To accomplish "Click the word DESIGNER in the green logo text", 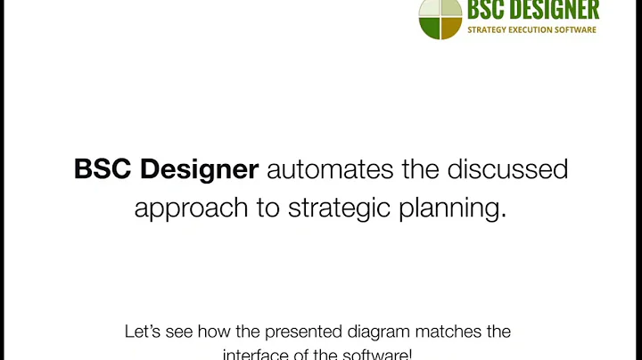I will (x=555, y=10).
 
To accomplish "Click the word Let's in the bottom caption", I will (x=144, y=332).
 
